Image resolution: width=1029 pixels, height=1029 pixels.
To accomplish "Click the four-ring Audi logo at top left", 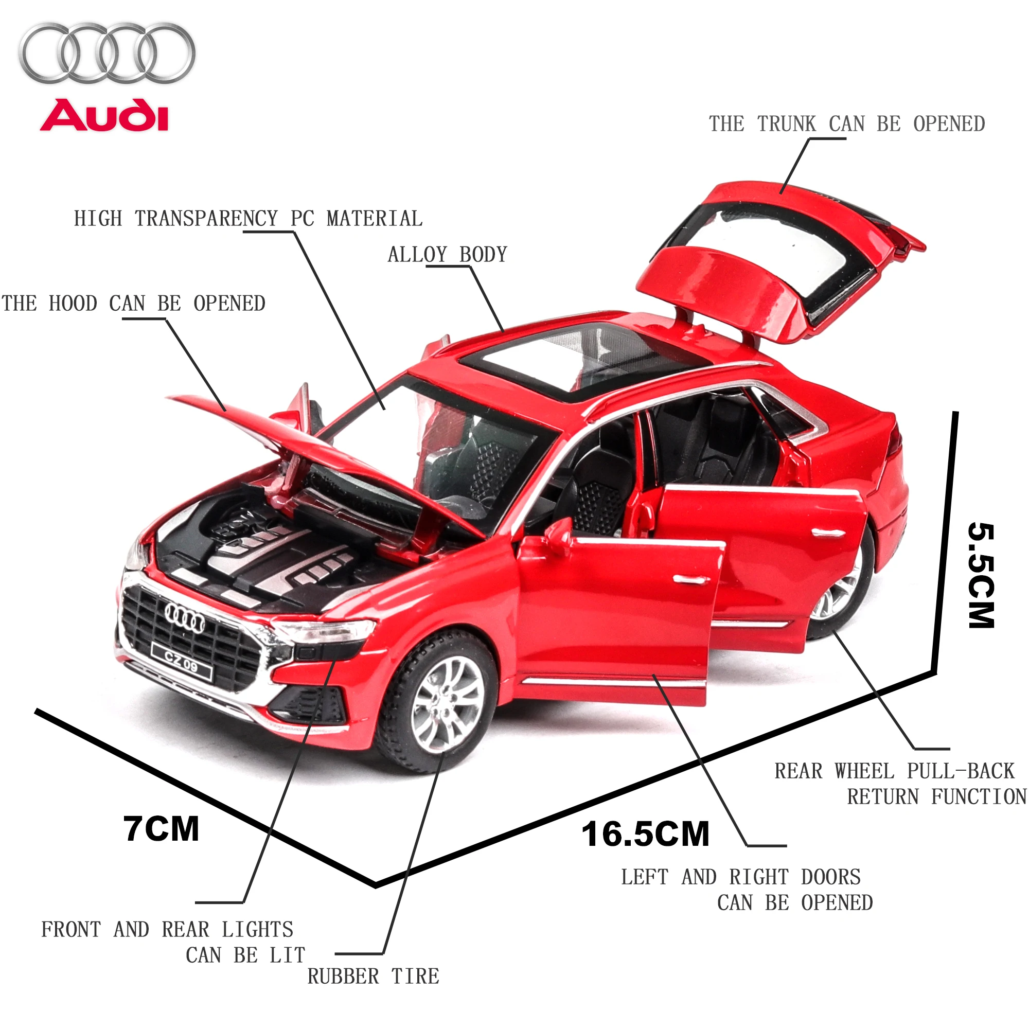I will pyautogui.click(x=107, y=54).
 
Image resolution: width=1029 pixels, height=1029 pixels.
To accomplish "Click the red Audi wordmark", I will pyautogui.click(x=104, y=115).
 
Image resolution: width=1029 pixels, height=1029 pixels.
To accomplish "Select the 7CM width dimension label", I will pyautogui.click(x=161, y=829).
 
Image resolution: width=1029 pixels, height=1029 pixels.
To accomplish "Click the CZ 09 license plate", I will pyautogui.click(x=181, y=663).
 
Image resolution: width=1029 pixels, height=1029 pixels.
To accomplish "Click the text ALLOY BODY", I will pyautogui.click(x=448, y=255).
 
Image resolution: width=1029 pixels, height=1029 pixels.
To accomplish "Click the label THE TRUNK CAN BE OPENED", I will pyautogui.click(x=846, y=124).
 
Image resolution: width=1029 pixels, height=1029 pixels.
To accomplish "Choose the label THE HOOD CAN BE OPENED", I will pyautogui.click(x=133, y=304).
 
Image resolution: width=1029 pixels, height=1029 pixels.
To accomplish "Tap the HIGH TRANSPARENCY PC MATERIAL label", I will pyautogui.click(x=248, y=219).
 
